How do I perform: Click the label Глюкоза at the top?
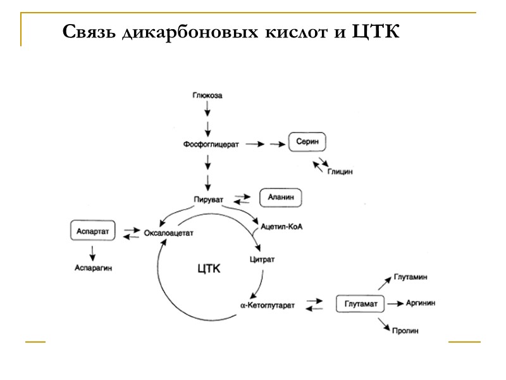(x=207, y=96)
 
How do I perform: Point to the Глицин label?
(x=340, y=171)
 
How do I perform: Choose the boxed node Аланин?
(x=281, y=198)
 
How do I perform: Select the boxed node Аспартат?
(x=93, y=231)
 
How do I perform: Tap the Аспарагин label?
(x=93, y=267)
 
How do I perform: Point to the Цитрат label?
(x=263, y=259)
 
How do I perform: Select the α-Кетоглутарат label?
(x=268, y=305)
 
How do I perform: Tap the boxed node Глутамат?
(x=361, y=305)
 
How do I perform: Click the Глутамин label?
(x=410, y=277)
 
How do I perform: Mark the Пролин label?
(x=405, y=331)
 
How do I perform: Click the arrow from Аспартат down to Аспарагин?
(x=93, y=253)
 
